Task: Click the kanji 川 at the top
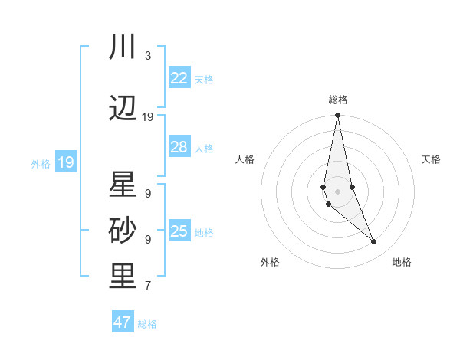[x=123, y=47]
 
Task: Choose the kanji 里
[x=123, y=277]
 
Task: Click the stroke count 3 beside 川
[x=147, y=56]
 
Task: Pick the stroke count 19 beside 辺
[x=148, y=117]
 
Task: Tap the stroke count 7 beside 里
[x=147, y=286]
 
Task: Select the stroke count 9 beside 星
[x=147, y=194]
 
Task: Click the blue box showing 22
[x=179, y=78]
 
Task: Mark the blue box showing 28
[x=179, y=147]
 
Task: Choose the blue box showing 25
[x=179, y=231]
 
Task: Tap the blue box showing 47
[x=123, y=322]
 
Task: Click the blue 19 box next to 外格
[x=66, y=162]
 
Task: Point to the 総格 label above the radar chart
[x=338, y=100]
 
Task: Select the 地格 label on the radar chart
[x=402, y=263]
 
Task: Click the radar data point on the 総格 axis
[x=338, y=116]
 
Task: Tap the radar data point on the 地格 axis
[x=374, y=242]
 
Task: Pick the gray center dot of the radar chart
[x=338, y=191]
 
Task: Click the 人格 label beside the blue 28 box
[x=204, y=148]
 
